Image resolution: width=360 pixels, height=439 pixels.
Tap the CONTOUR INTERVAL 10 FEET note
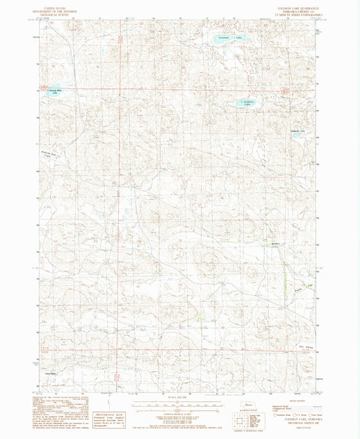tap(179, 412)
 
